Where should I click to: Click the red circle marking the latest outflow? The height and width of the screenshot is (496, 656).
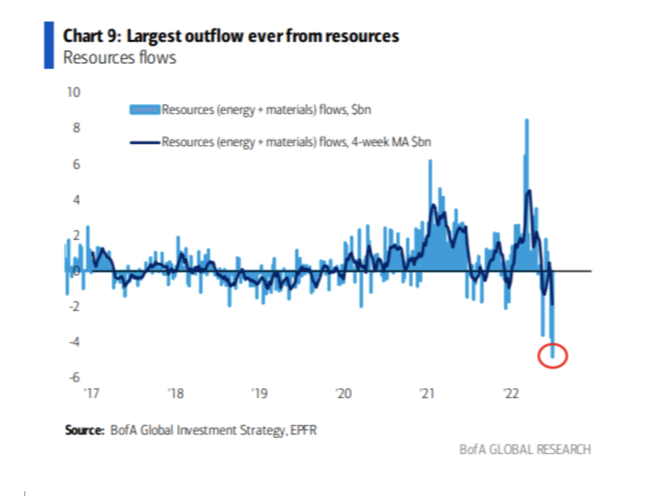pyautogui.click(x=553, y=355)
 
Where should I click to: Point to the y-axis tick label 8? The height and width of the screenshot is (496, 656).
pyautogui.click(x=76, y=128)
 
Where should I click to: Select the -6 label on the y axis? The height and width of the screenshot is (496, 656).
pyautogui.click(x=73, y=377)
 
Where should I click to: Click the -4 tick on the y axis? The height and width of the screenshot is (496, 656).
pyautogui.click(x=73, y=342)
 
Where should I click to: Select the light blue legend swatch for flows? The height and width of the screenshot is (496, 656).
pyautogui.click(x=144, y=110)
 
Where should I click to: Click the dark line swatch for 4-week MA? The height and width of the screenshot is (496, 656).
pyautogui.click(x=144, y=142)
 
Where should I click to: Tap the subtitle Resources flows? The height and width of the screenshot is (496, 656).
pyautogui.click(x=120, y=57)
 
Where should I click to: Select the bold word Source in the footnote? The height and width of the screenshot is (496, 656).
pyautogui.click(x=84, y=430)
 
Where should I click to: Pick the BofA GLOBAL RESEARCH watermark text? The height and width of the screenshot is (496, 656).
pyautogui.click(x=525, y=449)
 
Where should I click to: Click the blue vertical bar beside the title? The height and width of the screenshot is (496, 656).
pyautogui.click(x=48, y=45)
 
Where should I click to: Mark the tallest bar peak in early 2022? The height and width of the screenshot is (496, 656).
pyautogui.click(x=526, y=120)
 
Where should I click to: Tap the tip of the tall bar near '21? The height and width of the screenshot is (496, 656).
pyautogui.click(x=430, y=161)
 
